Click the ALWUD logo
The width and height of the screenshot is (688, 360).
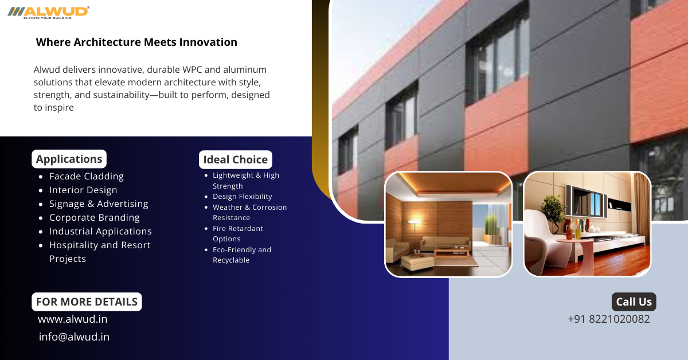point(49,13)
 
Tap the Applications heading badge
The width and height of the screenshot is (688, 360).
point(69,159)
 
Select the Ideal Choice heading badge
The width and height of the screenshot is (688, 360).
point(236,159)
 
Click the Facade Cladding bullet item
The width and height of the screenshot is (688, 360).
point(87,177)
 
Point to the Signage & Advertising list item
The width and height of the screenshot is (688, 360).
point(99,204)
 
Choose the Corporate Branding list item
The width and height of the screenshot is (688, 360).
point(94,217)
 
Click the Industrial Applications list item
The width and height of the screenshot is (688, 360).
point(100,231)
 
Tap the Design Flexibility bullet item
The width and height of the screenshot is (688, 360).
point(243,197)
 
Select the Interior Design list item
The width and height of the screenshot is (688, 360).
point(83,190)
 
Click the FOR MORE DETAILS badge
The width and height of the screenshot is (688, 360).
point(87,302)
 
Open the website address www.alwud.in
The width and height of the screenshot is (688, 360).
point(72,319)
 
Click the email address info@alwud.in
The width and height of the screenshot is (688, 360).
point(74,336)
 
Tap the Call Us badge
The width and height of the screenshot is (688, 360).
point(634,302)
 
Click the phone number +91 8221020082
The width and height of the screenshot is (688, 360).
point(609,319)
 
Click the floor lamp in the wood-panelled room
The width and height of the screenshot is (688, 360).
point(415,233)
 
